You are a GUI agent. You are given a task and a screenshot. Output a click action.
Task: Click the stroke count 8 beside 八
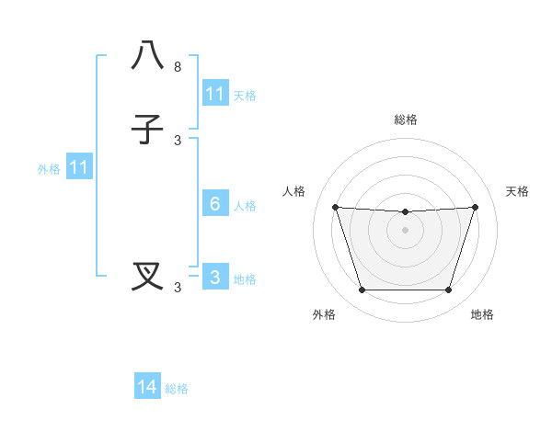[x=178, y=67]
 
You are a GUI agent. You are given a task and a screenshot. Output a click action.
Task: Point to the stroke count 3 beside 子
[x=178, y=140]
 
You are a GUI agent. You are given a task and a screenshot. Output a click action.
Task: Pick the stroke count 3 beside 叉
[x=178, y=288]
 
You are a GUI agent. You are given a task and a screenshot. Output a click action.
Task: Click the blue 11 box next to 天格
[x=215, y=94]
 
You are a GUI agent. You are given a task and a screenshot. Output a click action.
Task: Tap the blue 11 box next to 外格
[x=79, y=168]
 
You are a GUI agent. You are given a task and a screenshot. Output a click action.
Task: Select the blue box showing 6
[x=215, y=204]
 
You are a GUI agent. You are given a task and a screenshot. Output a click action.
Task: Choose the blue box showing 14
[x=147, y=387]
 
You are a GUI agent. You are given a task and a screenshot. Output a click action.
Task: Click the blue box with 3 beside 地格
[x=215, y=278]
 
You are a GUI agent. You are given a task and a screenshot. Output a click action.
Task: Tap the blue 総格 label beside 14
[x=177, y=389]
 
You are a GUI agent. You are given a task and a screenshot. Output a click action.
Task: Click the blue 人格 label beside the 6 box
[x=246, y=206]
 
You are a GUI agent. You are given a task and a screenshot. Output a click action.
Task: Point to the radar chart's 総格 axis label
[x=406, y=119]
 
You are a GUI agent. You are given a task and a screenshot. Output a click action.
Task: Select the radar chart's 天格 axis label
[x=517, y=191]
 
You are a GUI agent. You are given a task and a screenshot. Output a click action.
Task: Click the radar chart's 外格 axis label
[x=324, y=314]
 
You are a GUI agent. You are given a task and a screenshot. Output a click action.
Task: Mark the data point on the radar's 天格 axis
[x=476, y=207]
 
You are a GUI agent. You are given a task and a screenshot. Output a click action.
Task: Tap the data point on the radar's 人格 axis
[x=335, y=207]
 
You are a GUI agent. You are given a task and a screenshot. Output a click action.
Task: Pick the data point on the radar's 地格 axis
[x=448, y=290]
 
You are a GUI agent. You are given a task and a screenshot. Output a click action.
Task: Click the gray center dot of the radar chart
[x=405, y=230]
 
